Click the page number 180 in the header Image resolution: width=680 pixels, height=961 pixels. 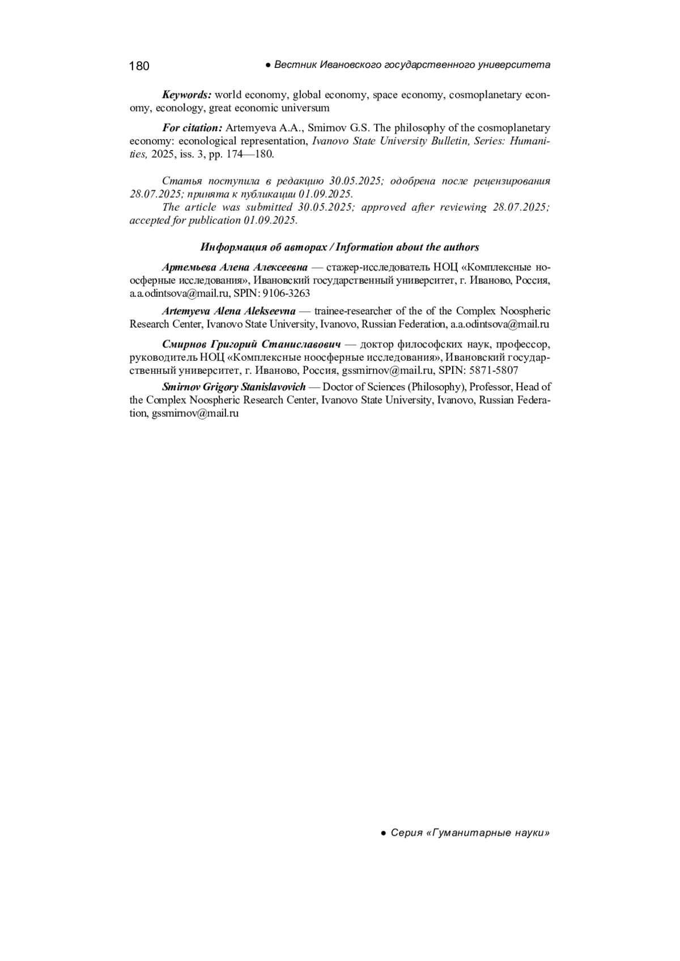tap(139, 66)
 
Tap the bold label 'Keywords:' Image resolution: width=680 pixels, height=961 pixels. tap(186, 95)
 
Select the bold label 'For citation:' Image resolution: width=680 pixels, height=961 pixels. tap(192, 128)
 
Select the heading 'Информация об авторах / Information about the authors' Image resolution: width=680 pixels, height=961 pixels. tap(339, 247)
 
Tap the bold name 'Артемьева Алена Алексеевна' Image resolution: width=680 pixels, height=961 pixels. tap(235, 267)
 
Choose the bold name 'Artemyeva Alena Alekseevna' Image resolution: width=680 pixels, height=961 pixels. tap(228, 311)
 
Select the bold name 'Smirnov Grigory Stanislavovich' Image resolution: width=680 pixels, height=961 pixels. tap(233, 387)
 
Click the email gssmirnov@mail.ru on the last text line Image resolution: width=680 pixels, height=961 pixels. tap(195, 413)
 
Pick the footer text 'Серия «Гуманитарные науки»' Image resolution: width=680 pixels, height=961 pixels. tap(470, 833)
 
